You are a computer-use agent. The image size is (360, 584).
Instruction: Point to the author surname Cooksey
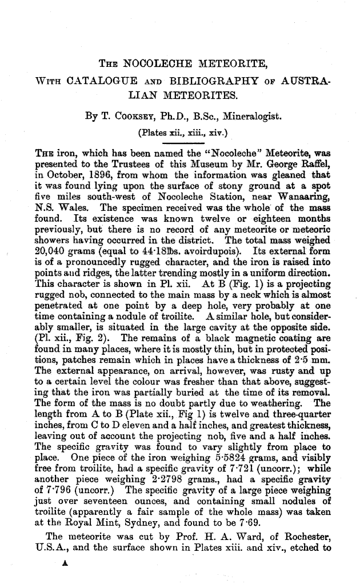[x=135, y=117]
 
